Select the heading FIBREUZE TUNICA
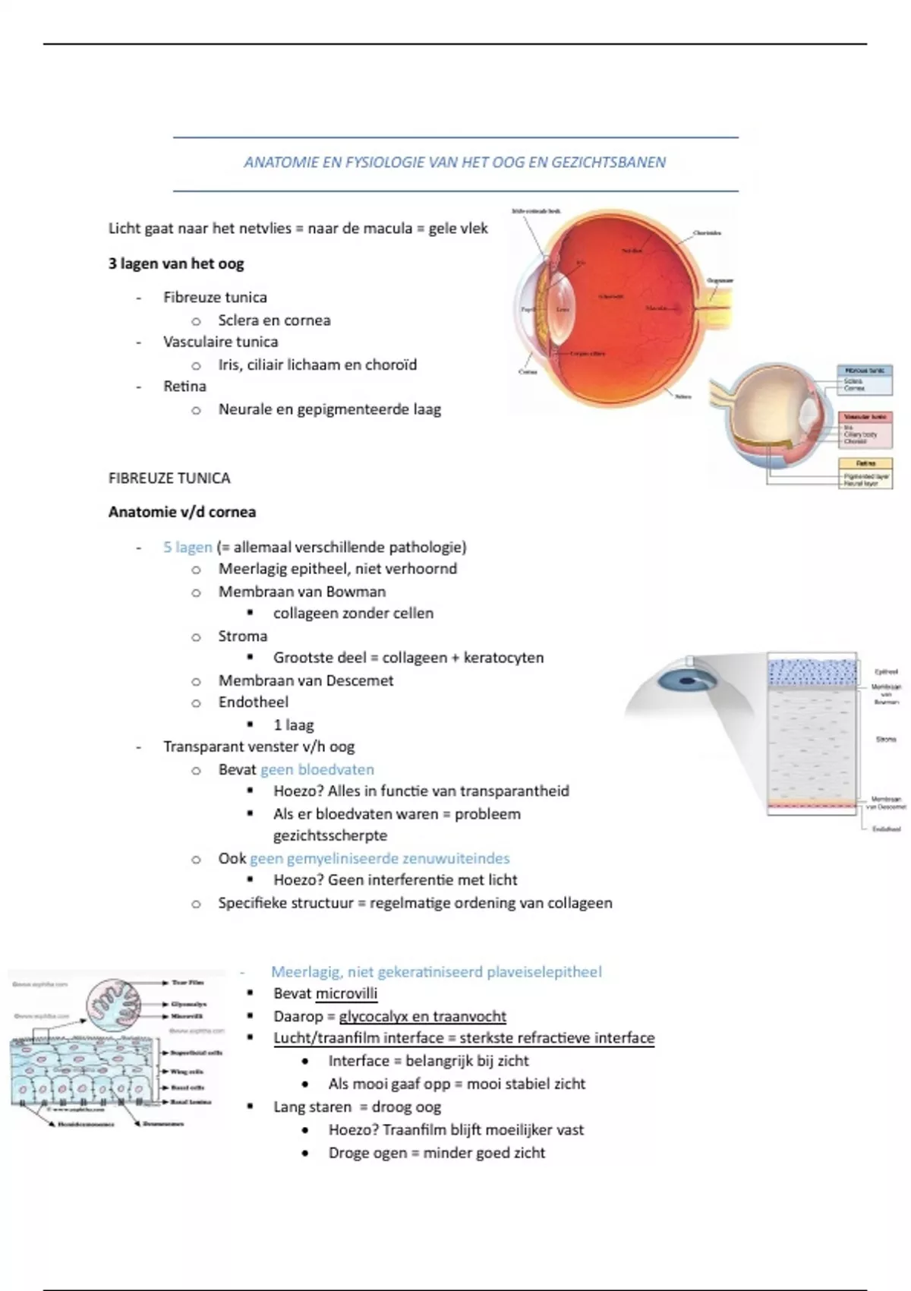point(169,478)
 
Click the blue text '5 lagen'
point(188,547)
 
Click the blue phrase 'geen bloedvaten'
point(317,769)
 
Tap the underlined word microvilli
point(346,993)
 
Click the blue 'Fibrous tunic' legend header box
point(865,371)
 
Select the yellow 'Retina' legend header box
point(865,463)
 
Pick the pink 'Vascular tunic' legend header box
point(865,417)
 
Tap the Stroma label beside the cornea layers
point(885,739)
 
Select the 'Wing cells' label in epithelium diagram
point(187,1072)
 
